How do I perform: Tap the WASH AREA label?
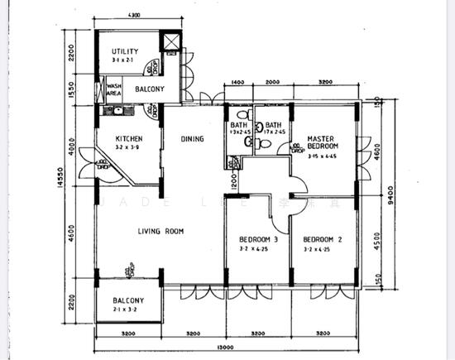tap(114, 89)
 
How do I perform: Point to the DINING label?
tap(193, 139)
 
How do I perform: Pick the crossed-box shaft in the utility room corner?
tap(171, 42)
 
